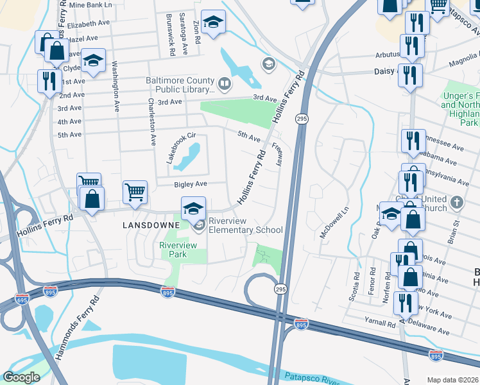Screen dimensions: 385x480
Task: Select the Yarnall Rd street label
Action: click(x=382, y=324)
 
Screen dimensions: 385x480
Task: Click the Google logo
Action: click(x=21, y=377)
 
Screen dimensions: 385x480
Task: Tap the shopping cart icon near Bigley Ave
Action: click(x=135, y=191)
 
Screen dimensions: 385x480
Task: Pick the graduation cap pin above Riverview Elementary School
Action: click(x=193, y=208)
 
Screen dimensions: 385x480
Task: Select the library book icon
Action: click(x=225, y=83)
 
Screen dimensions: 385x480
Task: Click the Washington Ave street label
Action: click(x=116, y=83)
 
